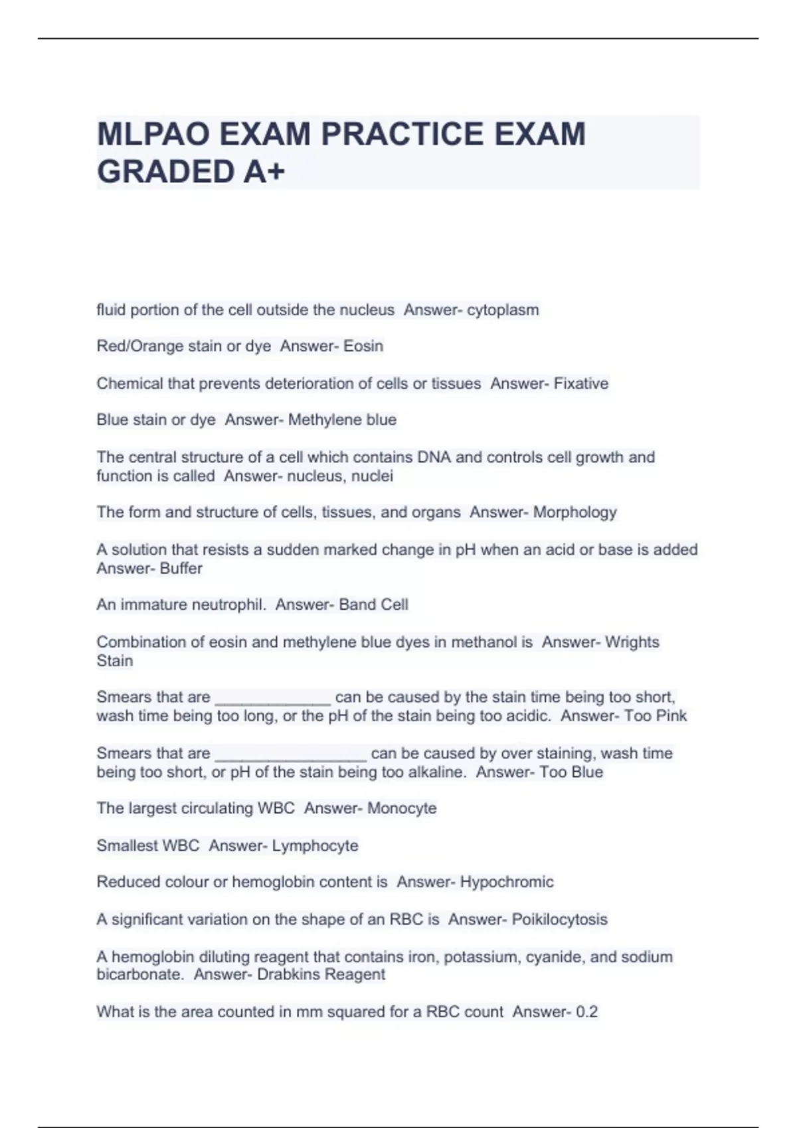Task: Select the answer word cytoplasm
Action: [x=503, y=310]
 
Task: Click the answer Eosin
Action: [x=363, y=346]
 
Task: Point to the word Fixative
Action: [x=581, y=384]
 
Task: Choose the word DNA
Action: [x=434, y=457]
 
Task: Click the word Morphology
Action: [x=575, y=512]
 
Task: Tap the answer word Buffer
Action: [x=181, y=569]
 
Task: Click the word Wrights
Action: [x=632, y=642]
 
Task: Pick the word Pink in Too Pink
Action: [x=671, y=716]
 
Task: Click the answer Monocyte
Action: [x=402, y=808]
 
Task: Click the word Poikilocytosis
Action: [x=559, y=919]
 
